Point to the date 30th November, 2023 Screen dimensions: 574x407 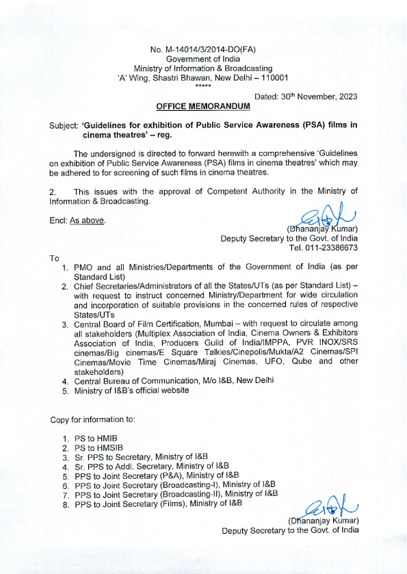305,97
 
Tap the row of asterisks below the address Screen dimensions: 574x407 203,86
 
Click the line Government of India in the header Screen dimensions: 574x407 203,60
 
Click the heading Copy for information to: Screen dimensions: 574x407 92,418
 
